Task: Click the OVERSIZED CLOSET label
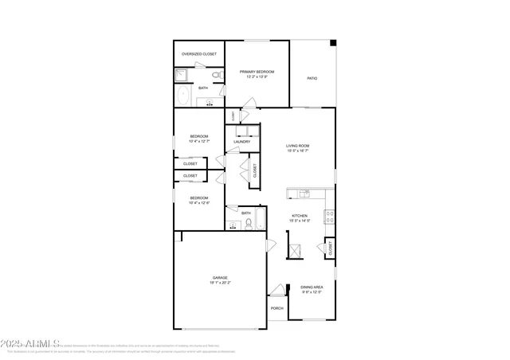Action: coord(198,54)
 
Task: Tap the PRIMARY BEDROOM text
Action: coord(257,72)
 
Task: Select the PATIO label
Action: coord(312,78)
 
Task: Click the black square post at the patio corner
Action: coord(333,43)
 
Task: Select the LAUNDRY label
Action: coord(242,142)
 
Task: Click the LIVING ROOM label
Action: coord(298,146)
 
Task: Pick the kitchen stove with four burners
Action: coord(328,214)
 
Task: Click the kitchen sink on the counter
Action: coord(304,193)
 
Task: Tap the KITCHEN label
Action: coord(300,216)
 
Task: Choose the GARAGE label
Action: coord(219,278)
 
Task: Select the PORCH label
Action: coord(277,308)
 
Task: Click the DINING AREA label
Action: coord(312,287)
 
